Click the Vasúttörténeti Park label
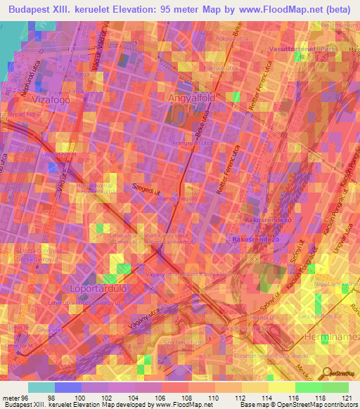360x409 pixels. pos(304,49)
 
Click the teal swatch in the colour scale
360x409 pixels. pos(41,387)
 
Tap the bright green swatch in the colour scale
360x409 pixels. pos(308,387)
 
